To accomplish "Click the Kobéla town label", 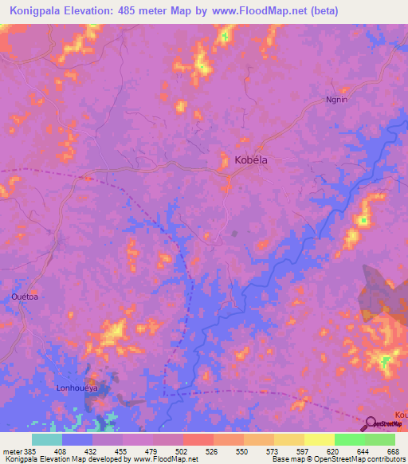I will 251,160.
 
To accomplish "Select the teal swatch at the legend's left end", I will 46,439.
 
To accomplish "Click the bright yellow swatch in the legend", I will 319,439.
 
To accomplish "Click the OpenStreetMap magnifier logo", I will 371,423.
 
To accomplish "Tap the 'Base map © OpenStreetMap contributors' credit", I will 334,460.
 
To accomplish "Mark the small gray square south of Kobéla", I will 233,234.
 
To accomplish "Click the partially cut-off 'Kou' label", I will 401,415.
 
